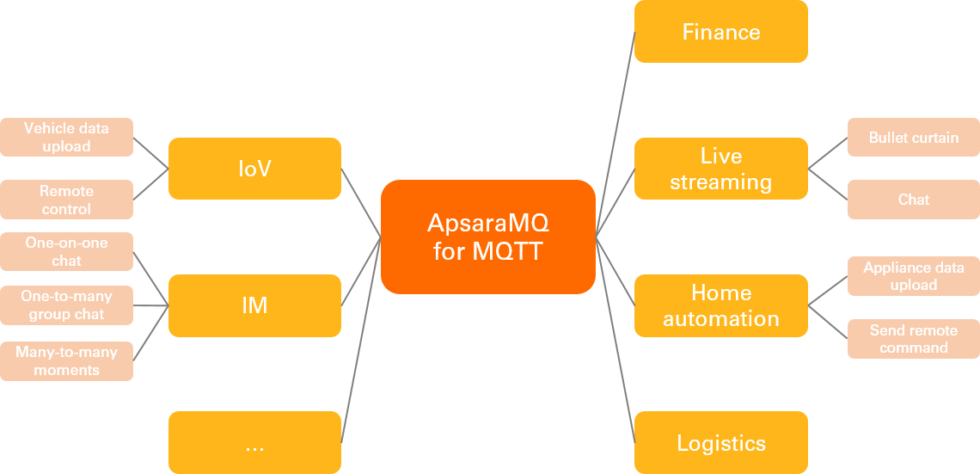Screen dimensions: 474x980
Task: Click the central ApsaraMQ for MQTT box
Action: [488, 237]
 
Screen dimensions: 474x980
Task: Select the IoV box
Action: [254, 169]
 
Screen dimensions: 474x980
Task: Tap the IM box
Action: [254, 305]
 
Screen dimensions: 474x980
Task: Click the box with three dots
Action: [254, 442]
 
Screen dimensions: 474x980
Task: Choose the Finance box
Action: [720, 32]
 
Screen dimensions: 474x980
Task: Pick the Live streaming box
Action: [720, 169]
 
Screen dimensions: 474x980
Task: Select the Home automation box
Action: [720, 305]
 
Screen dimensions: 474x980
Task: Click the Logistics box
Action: [720, 443]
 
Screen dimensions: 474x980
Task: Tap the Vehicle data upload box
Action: [66, 137]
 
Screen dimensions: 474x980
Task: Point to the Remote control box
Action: [66, 200]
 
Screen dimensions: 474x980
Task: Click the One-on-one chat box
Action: [66, 251]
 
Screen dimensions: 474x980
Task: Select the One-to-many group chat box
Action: [66, 305]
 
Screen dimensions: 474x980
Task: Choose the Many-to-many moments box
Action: [66, 360]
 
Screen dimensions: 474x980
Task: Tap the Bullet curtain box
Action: [913, 138]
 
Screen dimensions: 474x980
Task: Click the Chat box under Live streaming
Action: [913, 200]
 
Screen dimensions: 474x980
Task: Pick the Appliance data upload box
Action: [913, 276]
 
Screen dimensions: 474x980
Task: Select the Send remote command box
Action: [913, 339]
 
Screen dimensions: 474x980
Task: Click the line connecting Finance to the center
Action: [616, 133]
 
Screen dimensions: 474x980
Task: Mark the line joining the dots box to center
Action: [361, 340]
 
